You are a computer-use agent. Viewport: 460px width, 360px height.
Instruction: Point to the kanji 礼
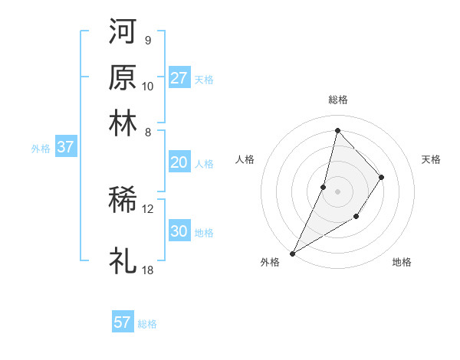[x=123, y=260]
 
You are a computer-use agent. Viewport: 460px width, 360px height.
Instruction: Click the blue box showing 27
[x=179, y=77]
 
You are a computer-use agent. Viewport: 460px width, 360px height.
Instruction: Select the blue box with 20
[x=179, y=162]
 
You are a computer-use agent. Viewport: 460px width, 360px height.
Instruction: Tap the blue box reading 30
[x=179, y=231]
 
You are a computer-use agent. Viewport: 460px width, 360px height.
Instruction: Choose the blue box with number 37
[x=65, y=147]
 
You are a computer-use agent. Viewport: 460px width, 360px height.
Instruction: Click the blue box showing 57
[x=123, y=322]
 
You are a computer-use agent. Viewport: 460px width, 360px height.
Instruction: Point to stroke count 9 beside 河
[x=148, y=40]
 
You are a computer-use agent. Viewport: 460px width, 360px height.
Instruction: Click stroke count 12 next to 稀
[x=147, y=208]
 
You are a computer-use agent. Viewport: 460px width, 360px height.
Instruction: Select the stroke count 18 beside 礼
[x=147, y=270]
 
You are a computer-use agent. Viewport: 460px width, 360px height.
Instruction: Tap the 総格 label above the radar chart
[x=337, y=100]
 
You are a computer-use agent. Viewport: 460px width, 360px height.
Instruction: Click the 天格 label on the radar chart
[x=432, y=159]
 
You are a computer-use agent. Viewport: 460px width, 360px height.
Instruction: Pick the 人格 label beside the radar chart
[x=245, y=159]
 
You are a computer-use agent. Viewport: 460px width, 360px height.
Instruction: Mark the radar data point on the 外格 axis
[x=292, y=253]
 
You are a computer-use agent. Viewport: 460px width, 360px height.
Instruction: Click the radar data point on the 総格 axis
[x=337, y=129]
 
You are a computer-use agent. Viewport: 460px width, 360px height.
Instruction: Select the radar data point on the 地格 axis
[x=356, y=218]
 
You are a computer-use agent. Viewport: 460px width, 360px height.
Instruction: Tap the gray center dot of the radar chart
[x=337, y=191]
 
